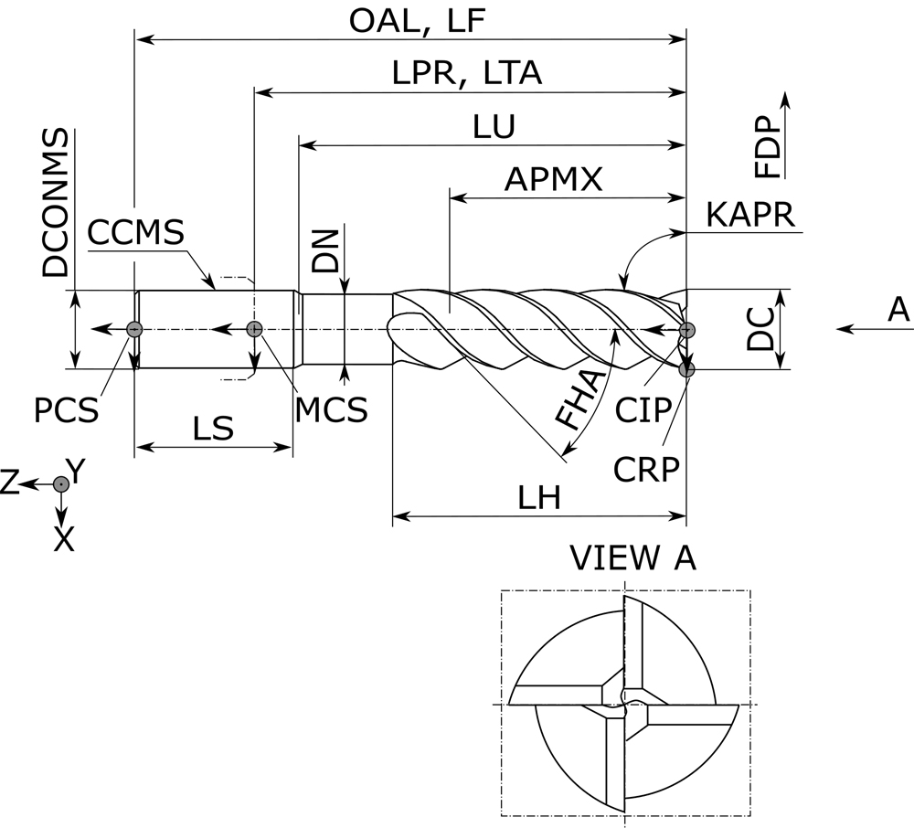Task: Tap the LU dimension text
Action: [x=494, y=127]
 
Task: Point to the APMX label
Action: [x=555, y=179]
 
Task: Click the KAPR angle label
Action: [x=750, y=217]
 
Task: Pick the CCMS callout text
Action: [x=136, y=233]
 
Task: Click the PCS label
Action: [x=66, y=410]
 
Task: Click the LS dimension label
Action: [x=212, y=428]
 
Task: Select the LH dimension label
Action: [x=539, y=498]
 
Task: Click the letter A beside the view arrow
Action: [x=899, y=312]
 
